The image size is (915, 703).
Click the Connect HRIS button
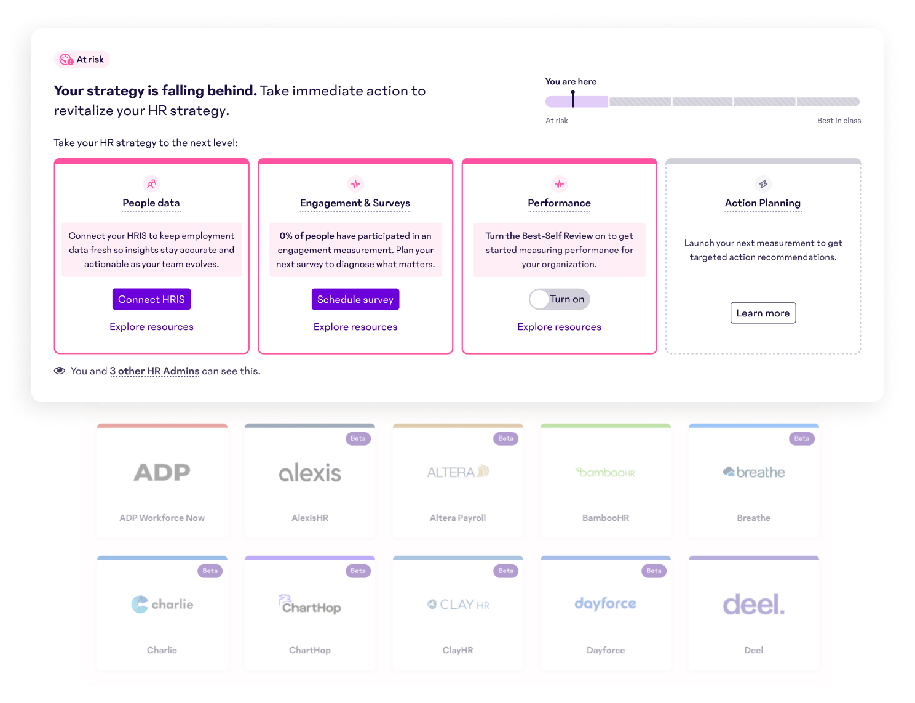coord(151,299)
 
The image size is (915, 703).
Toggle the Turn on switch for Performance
coord(559,299)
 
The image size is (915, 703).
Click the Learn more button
coord(762,313)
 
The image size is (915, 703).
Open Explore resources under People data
coord(151,327)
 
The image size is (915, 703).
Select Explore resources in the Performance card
coord(559,327)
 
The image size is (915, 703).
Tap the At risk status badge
coord(82,60)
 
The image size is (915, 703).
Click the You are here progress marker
coord(572,99)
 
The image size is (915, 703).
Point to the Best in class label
coord(838,121)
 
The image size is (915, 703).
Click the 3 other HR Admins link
coord(154,371)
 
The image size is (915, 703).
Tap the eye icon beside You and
coord(60,371)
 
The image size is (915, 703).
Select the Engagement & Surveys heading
coord(355,203)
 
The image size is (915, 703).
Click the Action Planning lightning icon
coord(762,184)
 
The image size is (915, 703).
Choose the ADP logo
coord(162,472)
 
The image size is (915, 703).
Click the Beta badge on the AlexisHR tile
coord(358,439)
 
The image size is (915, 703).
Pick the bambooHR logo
coord(606,473)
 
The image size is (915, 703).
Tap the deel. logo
coord(753,605)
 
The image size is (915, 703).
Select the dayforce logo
coord(605,604)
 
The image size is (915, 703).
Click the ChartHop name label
coord(310,650)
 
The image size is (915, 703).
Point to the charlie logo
coord(162,605)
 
